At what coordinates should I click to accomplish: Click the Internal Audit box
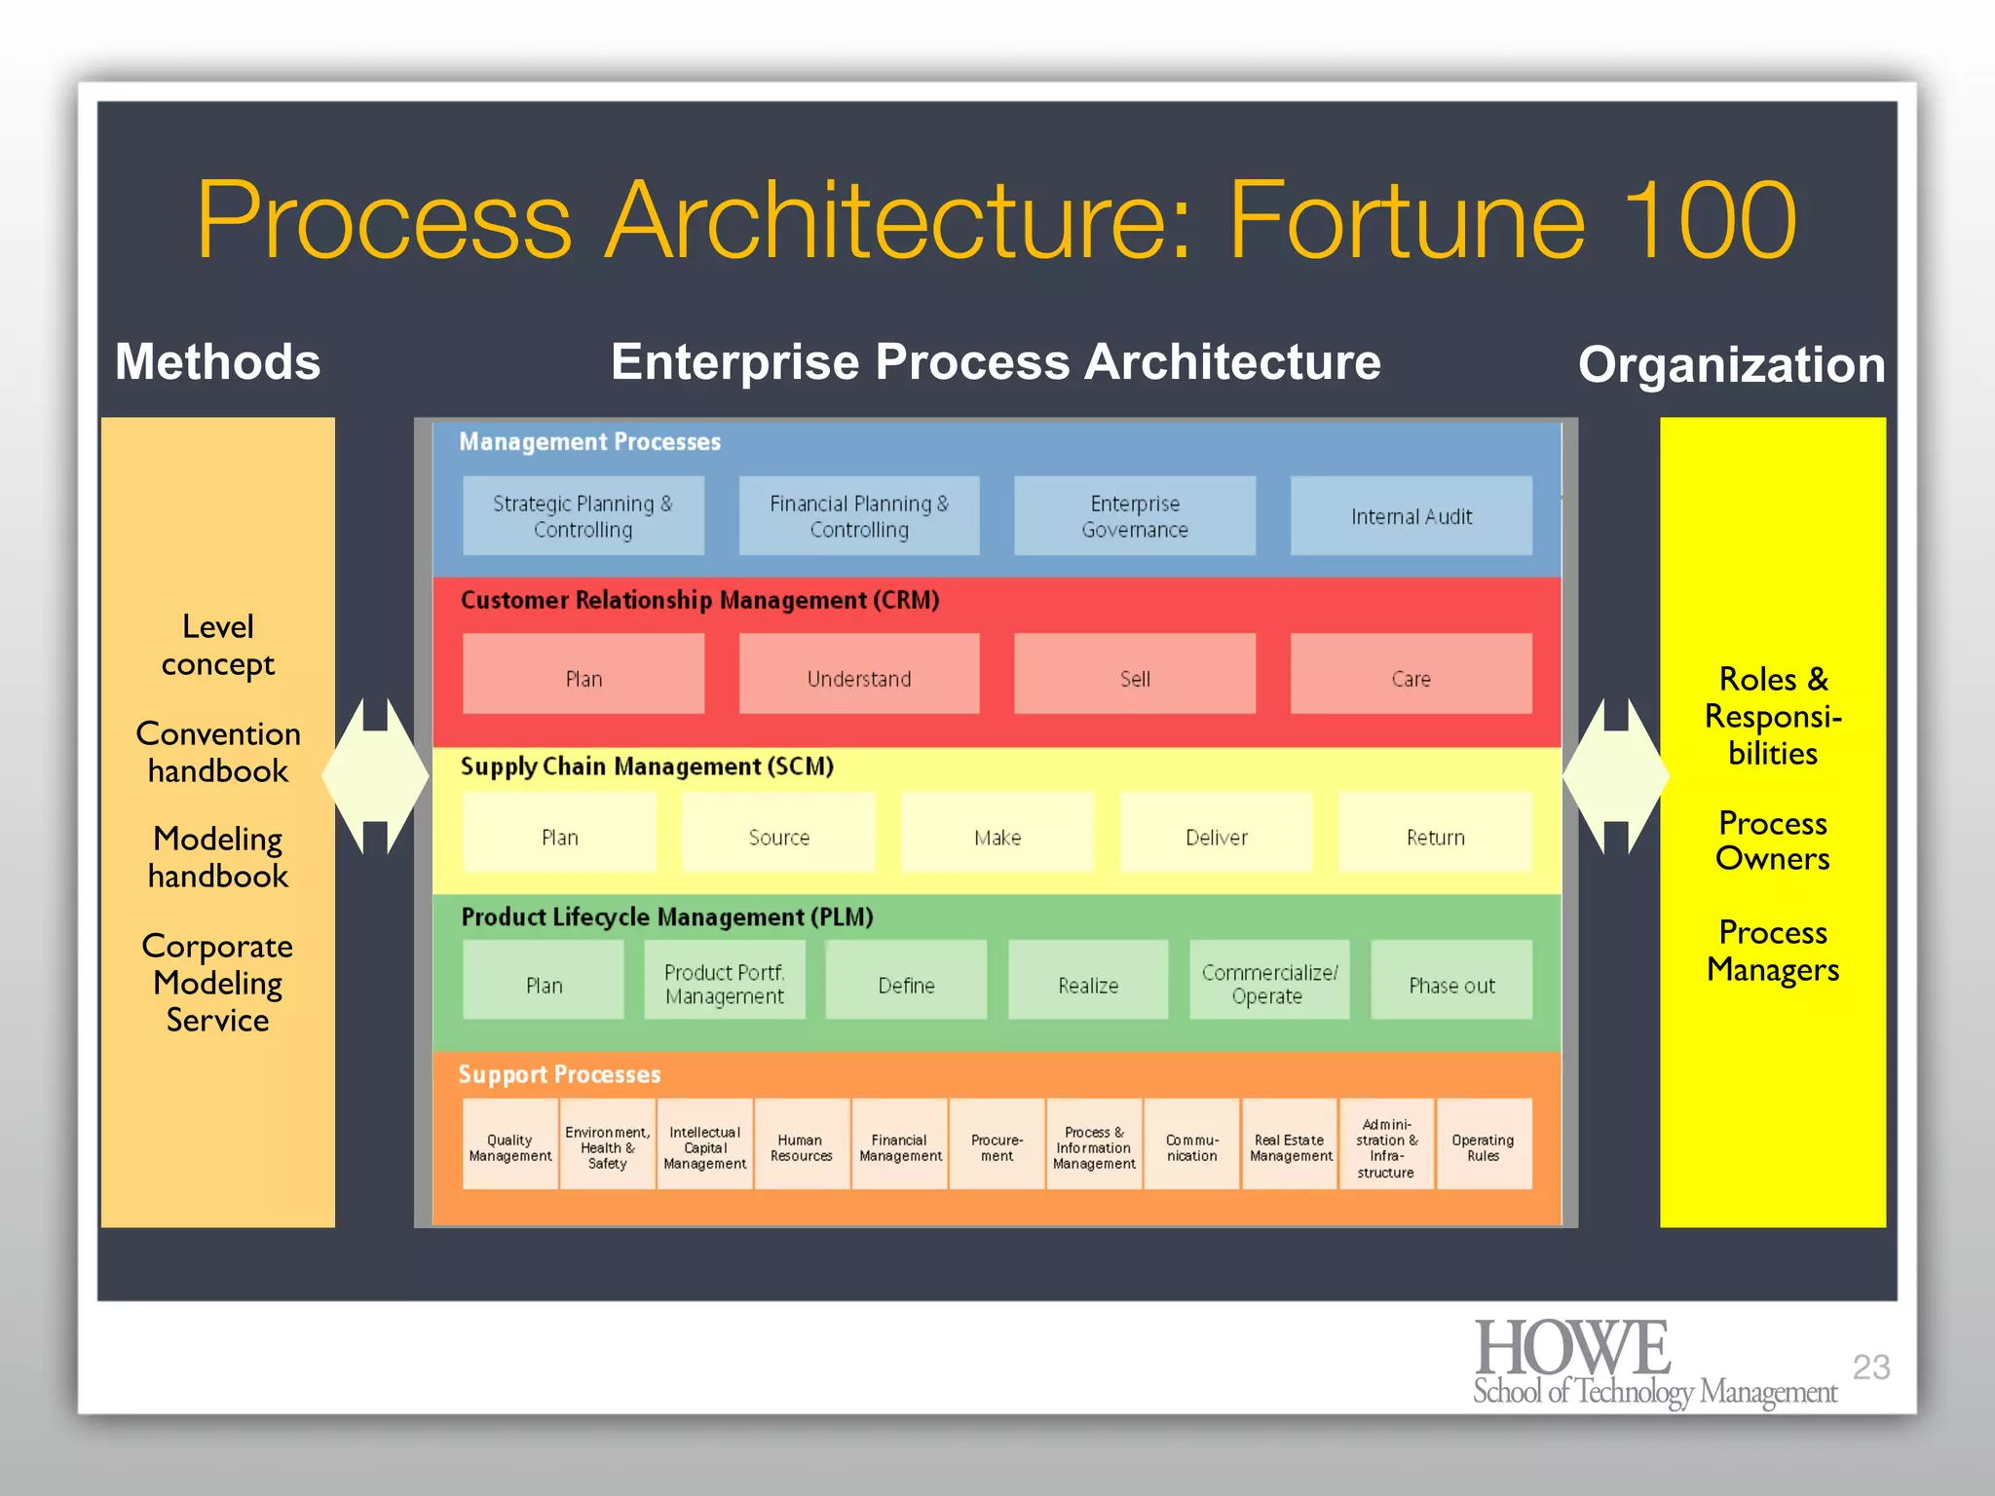point(1411,516)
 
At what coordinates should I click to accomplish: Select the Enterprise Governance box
point(1134,516)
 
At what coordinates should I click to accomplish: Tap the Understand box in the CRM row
point(858,675)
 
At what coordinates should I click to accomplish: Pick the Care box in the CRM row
point(1411,675)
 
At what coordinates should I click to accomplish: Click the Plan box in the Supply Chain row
point(559,834)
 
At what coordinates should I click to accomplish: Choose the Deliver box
point(1216,834)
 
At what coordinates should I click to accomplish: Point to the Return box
point(1435,834)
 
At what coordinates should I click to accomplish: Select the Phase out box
point(1450,981)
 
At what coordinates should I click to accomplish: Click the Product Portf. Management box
point(724,981)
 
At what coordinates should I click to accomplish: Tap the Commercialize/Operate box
point(1268,981)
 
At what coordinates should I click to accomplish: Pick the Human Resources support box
point(801,1145)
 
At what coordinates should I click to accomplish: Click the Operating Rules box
point(1483,1145)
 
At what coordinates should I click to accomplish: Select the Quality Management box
point(509,1145)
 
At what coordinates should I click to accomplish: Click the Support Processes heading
point(559,1074)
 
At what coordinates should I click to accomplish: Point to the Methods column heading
point(217,362)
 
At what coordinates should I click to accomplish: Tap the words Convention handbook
point(217,752)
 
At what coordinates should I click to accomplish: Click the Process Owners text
point(1772,841)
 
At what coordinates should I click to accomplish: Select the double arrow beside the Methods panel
point(375,776)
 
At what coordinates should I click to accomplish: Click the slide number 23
point(1870,1367)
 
